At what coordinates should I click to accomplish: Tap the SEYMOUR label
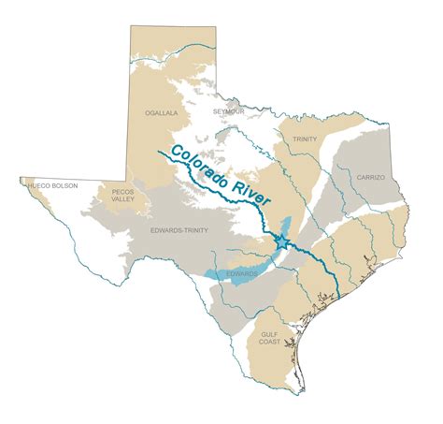point(227,111)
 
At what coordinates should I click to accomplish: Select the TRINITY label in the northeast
point(305,139)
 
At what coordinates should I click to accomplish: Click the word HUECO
point(40,185)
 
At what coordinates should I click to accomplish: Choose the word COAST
point(271,342)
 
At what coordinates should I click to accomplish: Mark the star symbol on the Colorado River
point(281,241)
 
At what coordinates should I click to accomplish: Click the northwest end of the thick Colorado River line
point(161,149)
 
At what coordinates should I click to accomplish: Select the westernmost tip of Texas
point(21,180)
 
